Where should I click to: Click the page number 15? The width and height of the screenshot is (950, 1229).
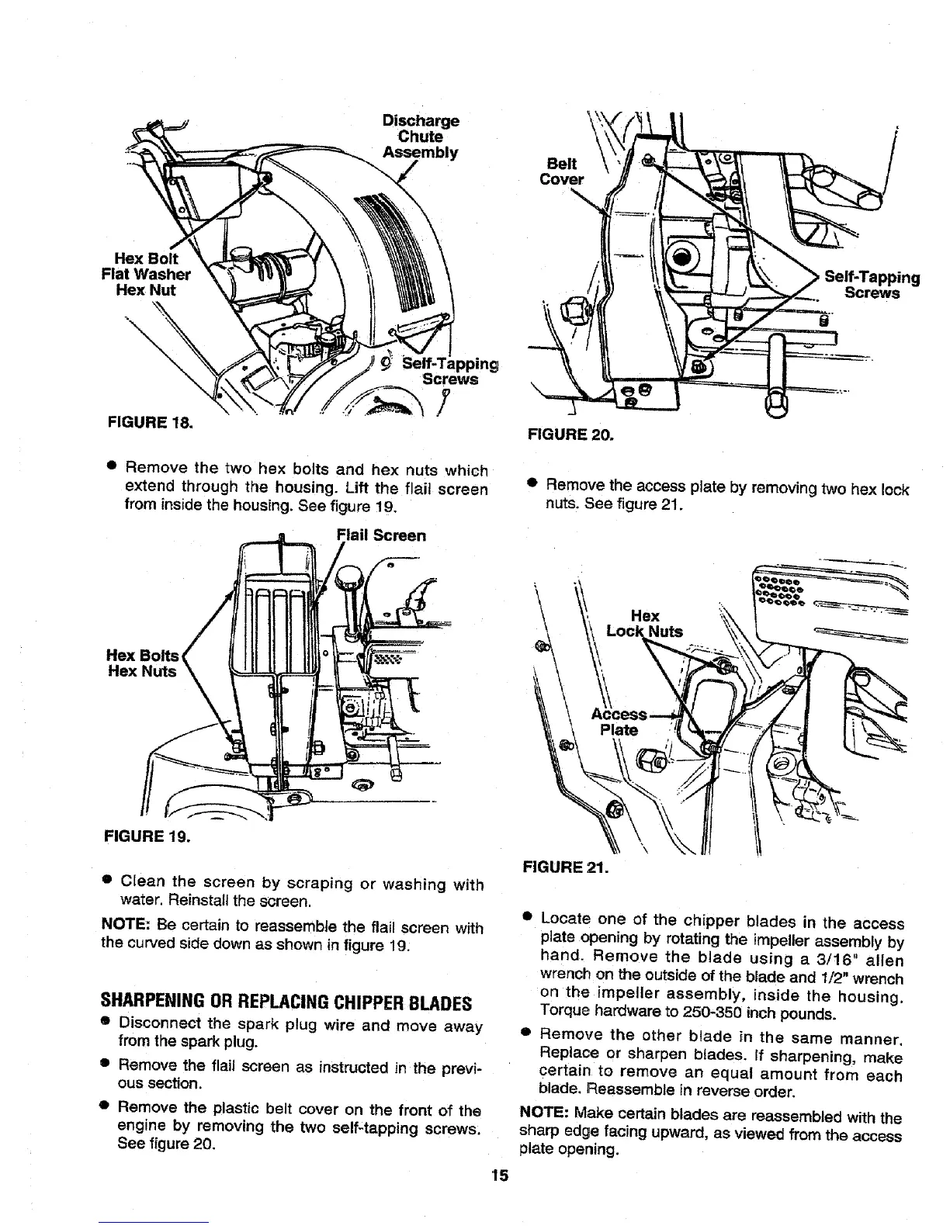point(498,1175)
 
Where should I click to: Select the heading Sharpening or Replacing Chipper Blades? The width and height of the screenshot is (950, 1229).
point(287,1002)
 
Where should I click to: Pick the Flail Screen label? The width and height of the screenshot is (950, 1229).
point(381,535)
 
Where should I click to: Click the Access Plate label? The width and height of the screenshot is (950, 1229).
point(619,722)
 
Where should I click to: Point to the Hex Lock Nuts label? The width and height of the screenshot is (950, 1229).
point(645,624)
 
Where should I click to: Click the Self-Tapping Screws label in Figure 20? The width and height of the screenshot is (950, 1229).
point(872,285)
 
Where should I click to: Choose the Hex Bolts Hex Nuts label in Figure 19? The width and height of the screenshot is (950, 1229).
point(142,663)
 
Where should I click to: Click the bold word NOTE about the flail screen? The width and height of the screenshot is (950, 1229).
point(127,926)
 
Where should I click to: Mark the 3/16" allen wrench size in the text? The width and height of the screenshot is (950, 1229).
point(834,960)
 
